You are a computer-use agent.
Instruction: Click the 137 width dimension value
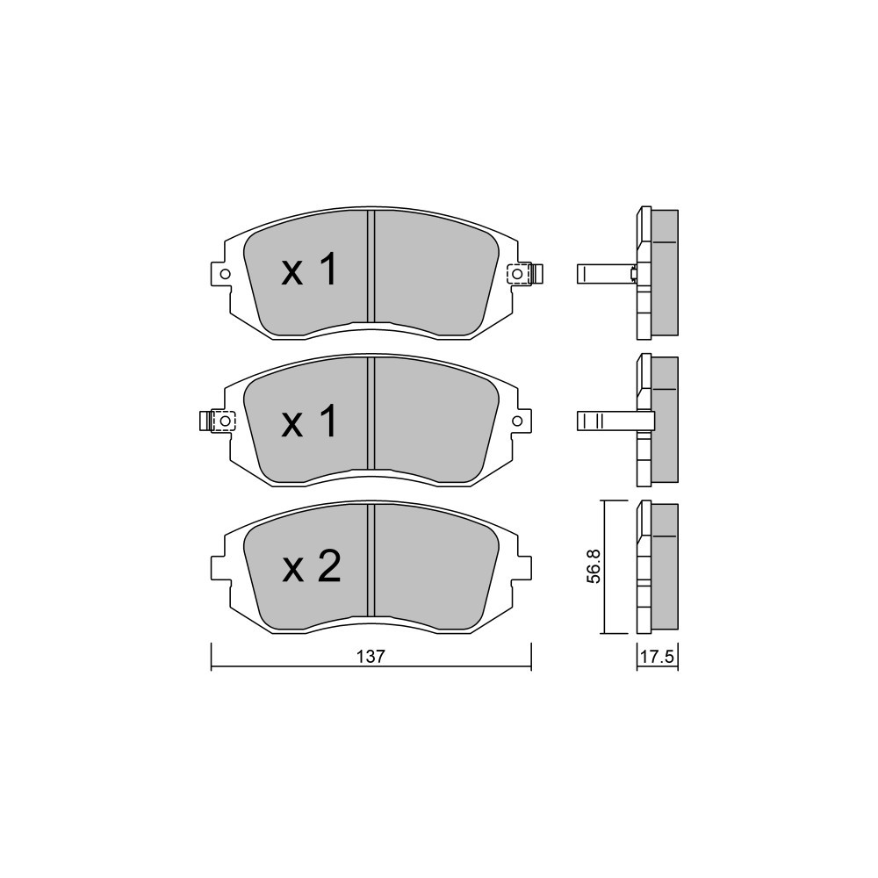coord(371,656)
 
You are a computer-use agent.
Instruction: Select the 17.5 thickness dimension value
coord(657,656)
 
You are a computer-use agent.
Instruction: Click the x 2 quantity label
coord(311,566)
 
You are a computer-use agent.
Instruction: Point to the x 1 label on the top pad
coord(310,270)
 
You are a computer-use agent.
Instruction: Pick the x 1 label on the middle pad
coord(310,421)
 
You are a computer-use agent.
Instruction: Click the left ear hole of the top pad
coord(225,274)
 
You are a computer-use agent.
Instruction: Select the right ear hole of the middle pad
coord(517,421)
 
